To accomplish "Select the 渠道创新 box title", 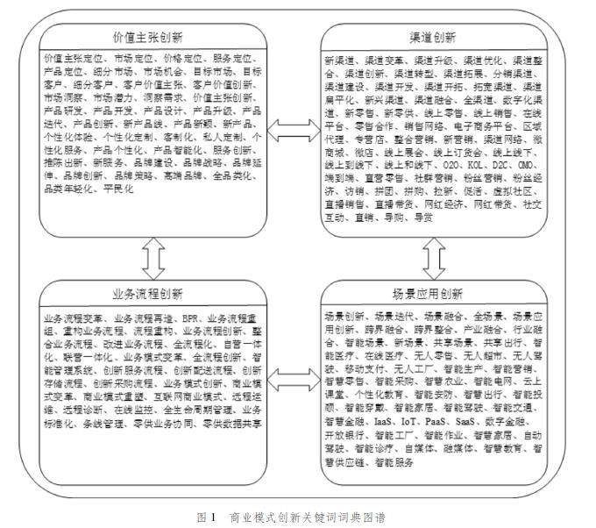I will pos(432,38).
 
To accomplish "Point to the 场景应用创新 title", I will pos(432,293).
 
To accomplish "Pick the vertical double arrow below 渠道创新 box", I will pos(432,258).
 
